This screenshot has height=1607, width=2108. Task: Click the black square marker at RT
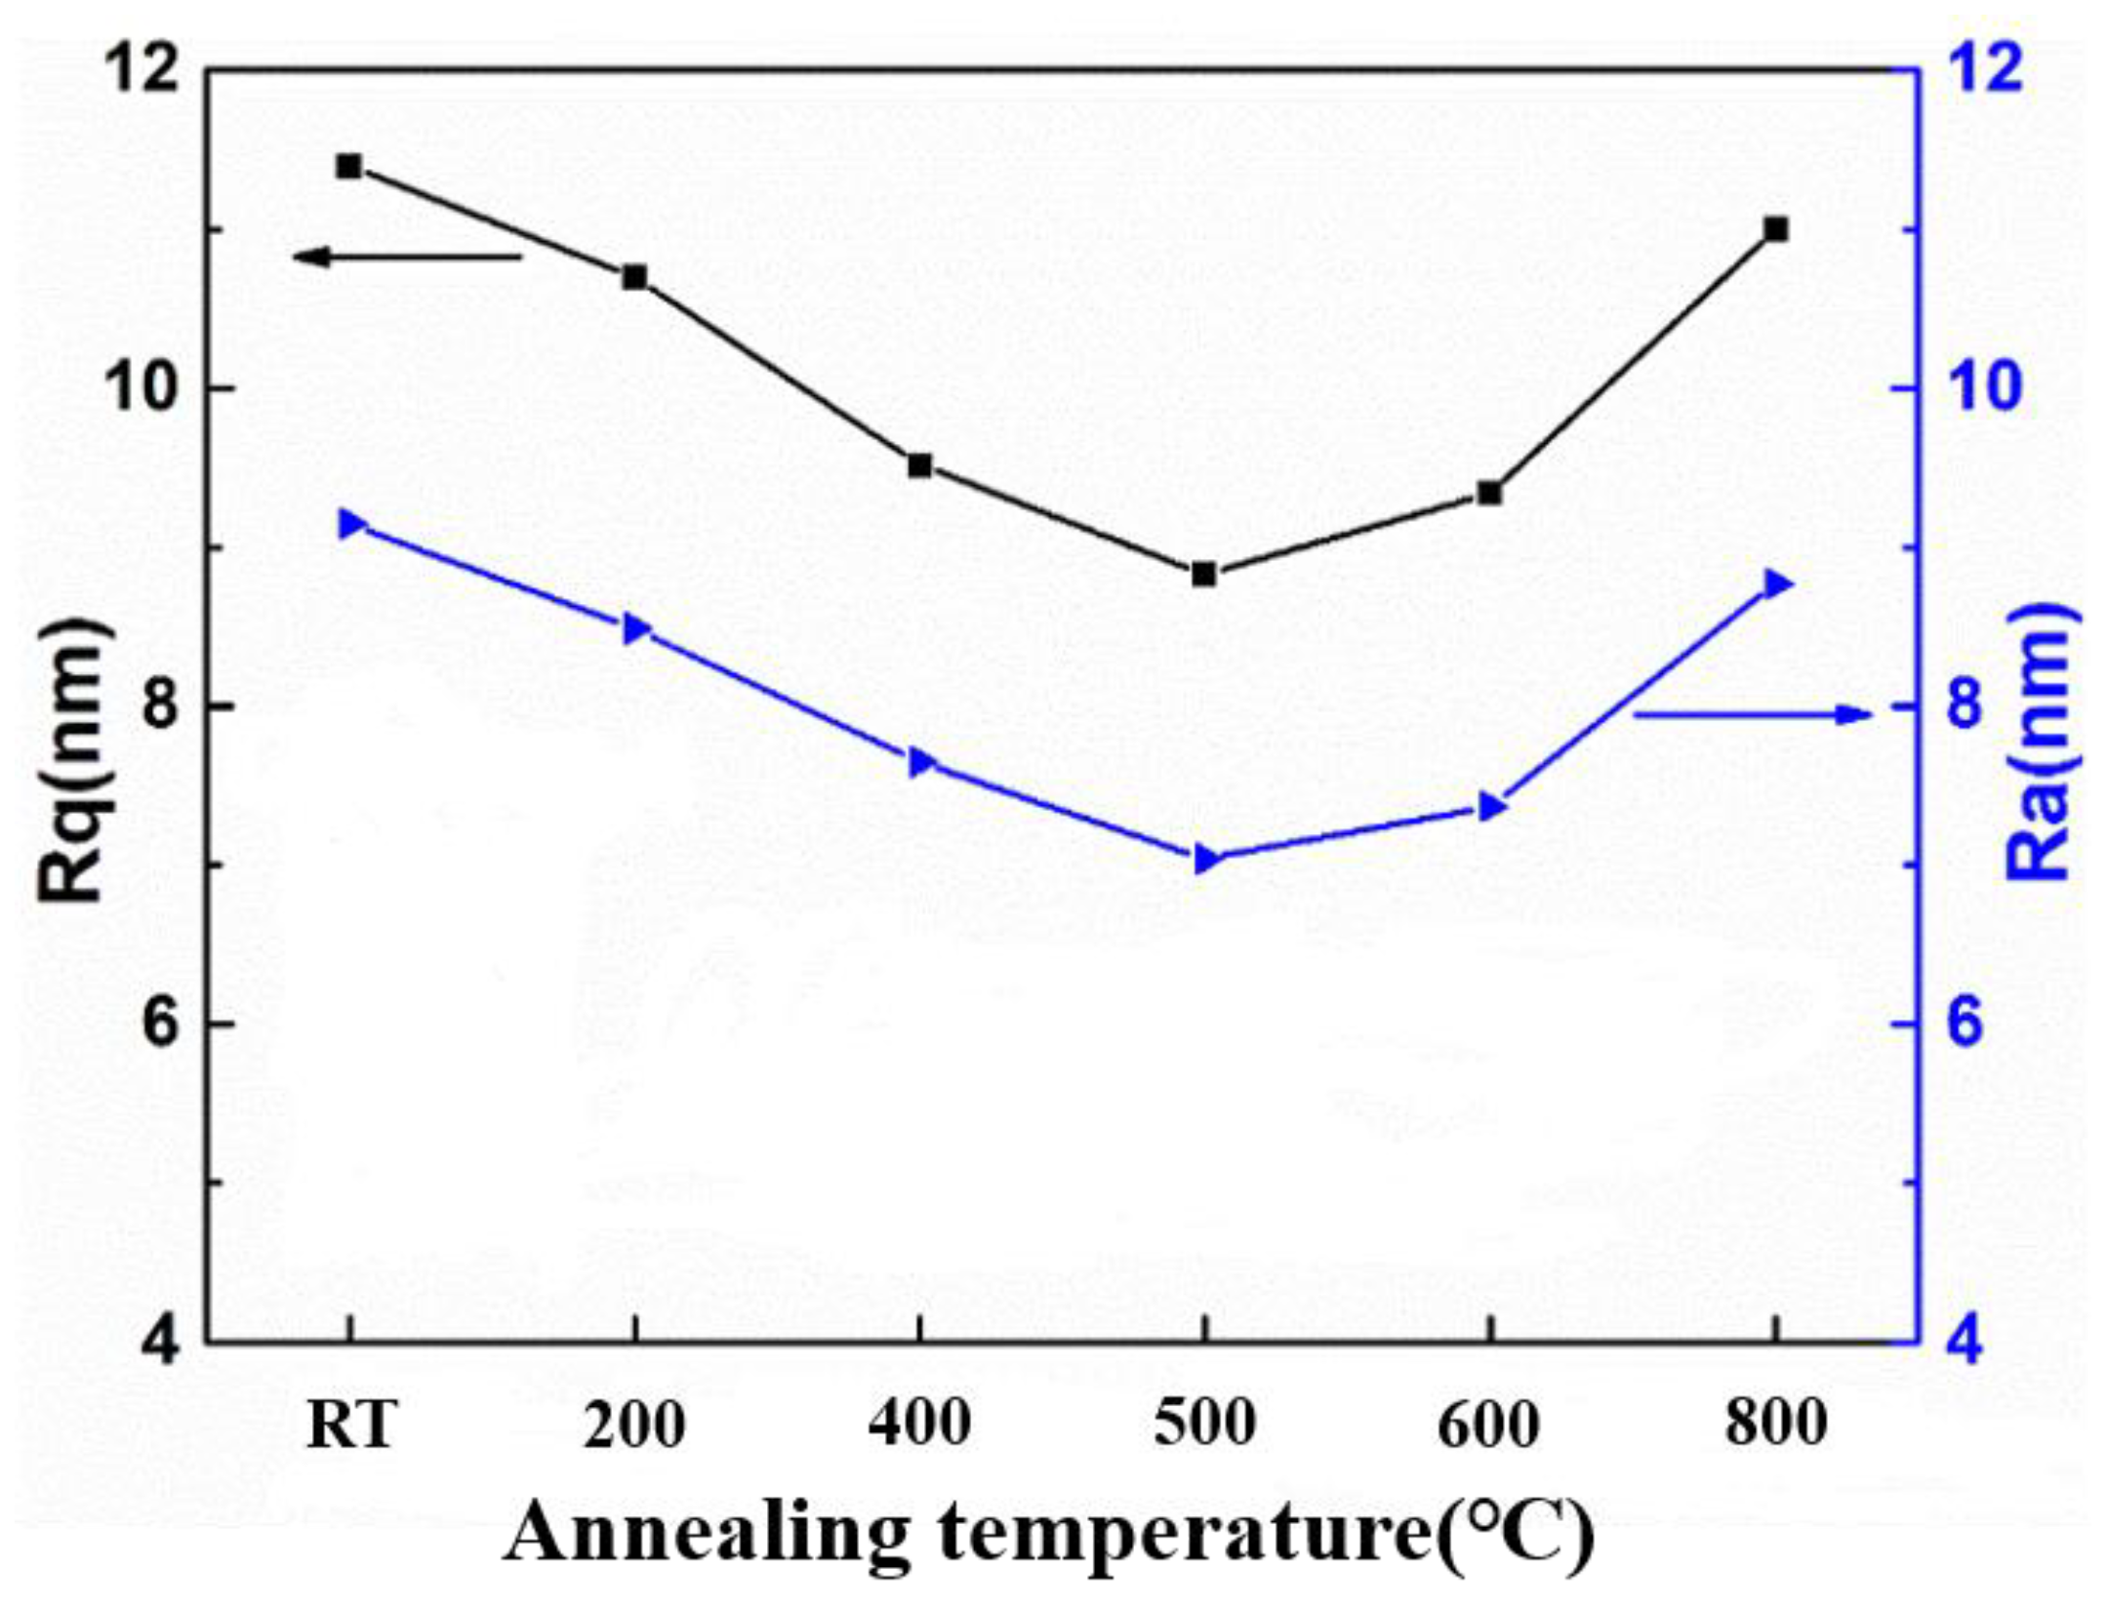pyautogui.click(x=348, y=167)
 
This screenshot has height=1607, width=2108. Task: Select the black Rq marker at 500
pyautogui.click(x=1204, y=575)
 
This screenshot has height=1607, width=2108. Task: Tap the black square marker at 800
pyautogui.click(x=1775, y=230)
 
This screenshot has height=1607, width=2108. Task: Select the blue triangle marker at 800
pyautogui.click(x=1777, y=584)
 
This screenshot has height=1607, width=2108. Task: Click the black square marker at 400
pyautogui.click(x=919, y=465)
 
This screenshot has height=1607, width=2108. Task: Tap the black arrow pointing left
pyautogui.click(x=408, y=257)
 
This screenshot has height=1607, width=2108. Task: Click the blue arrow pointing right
pyautogui.click(x=1752, y=714)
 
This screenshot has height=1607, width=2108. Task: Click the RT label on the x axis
pyautogui.click(x=350, y=1426)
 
